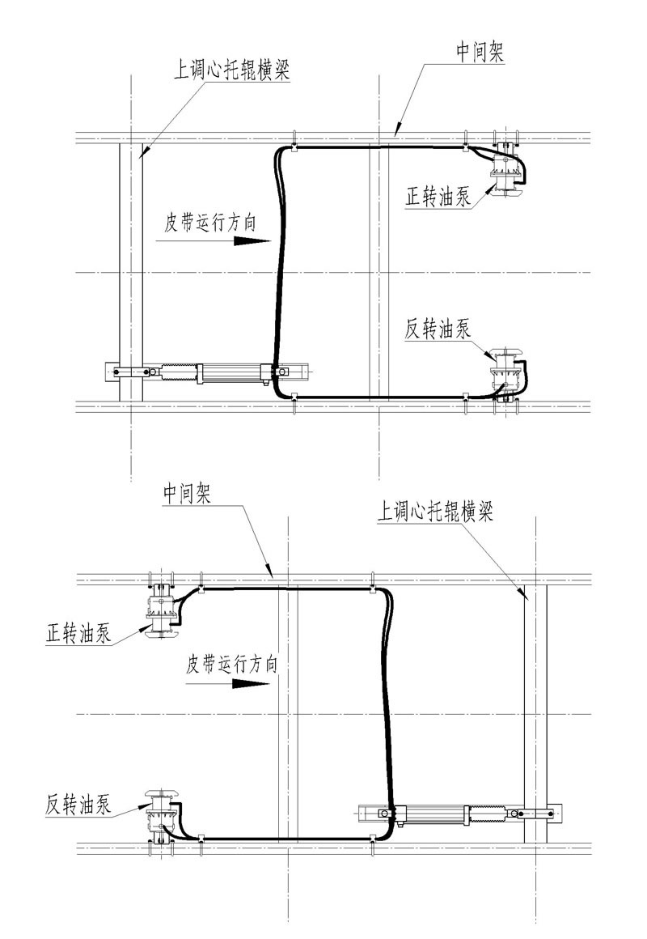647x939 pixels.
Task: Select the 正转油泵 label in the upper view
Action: point(439,197)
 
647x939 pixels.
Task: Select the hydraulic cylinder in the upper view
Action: point(235,372)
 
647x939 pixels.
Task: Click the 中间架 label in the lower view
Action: point(187,493)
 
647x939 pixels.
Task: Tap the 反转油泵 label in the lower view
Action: point(78,805)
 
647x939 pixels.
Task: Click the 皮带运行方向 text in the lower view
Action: point(231,665)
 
